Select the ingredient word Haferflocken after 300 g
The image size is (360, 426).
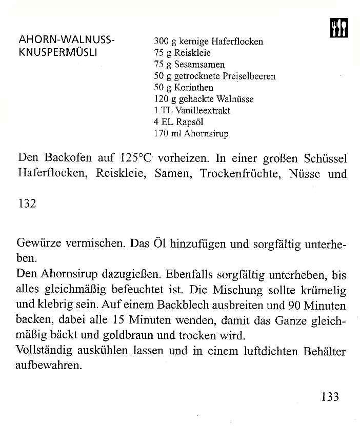(x=236, y=42)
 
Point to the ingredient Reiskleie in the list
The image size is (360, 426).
(x=193, y=53)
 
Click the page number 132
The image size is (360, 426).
(x=27, y=204)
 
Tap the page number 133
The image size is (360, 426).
(x=330, y=396)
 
